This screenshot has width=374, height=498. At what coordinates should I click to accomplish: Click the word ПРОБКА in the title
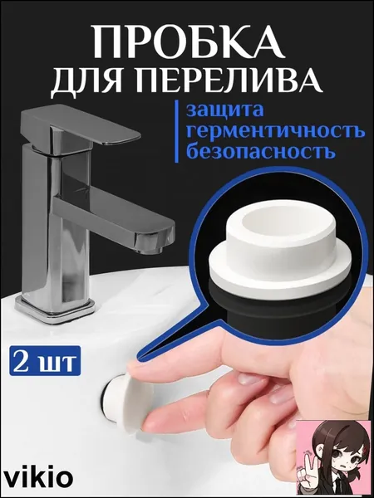click(187, 41)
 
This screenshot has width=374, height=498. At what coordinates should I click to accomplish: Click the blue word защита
click(225, 111)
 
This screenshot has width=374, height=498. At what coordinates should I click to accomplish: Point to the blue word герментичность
click(275, 131)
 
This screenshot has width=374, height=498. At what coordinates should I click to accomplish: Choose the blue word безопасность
click(261, 151)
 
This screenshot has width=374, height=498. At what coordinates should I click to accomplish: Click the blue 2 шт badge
click(45, 361)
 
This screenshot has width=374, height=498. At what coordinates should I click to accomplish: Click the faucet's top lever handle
click(82, 126)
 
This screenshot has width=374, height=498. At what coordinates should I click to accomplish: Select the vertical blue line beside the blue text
click(177, 132)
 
